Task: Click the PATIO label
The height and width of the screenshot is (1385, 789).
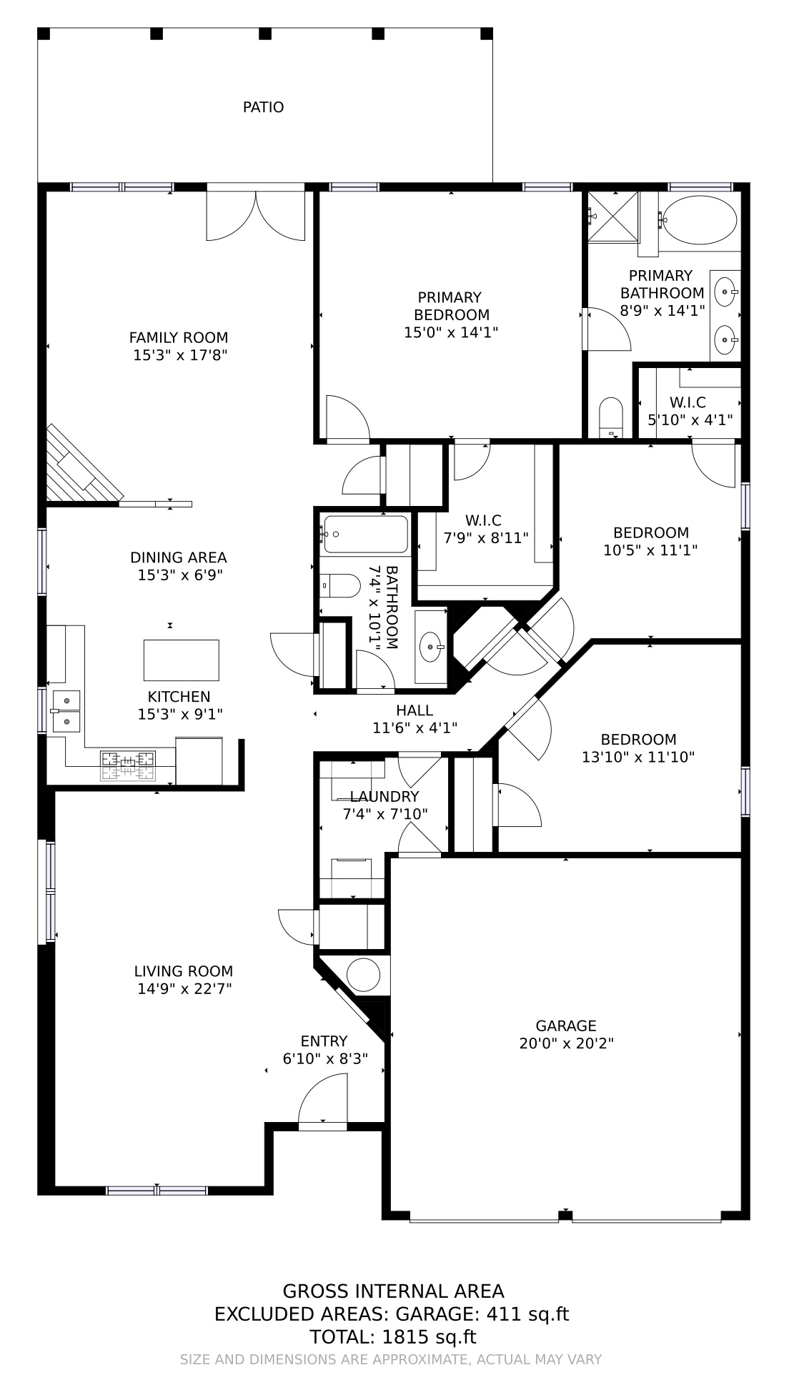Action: (x=263, y=107)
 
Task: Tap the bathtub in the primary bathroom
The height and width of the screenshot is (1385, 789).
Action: (x=699, y=221)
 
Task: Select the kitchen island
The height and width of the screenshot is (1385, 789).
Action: (x=181, y=660)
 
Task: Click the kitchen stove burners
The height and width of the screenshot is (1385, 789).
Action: (x=127, y=765)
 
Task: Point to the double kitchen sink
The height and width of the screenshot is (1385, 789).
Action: (x=66, y=711)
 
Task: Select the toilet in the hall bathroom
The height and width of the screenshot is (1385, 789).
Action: (x=340, y=586)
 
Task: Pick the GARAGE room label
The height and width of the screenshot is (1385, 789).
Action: (x=566, y=1026)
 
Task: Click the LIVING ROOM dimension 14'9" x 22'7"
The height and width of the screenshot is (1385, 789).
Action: (x=184, y=989)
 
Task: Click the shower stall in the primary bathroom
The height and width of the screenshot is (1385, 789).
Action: (x=612, y=217)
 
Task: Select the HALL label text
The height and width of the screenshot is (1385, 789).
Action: (x=415, y=710)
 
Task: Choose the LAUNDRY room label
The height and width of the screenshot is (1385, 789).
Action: (x=384, y=796)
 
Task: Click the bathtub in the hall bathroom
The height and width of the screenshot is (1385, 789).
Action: (x=365, y=534)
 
